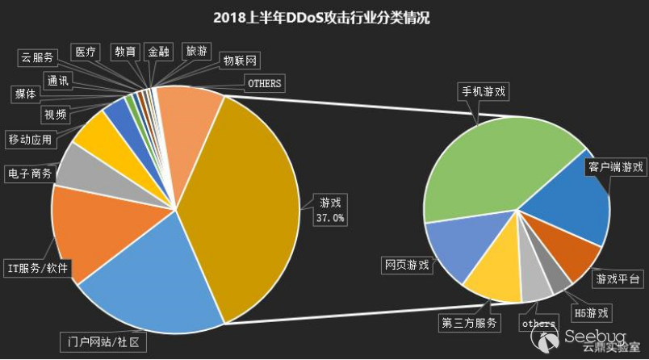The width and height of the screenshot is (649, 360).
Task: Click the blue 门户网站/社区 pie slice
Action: click(x=153, y=274)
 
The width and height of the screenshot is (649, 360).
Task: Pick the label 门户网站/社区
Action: click(x=106, y=341)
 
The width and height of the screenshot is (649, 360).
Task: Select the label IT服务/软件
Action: click(x=38, y=267)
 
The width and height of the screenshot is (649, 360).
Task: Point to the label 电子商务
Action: click(x=29, y=174)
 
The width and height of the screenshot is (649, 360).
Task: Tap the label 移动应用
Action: click(x=30, y=140)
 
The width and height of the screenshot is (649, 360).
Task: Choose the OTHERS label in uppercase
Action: click(x=263, y=83)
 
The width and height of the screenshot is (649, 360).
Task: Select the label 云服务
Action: click(x=37, y=57)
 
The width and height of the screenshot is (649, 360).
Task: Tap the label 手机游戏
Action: click(x=483, y=91)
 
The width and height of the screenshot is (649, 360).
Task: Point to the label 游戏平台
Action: click(x=618, y=279)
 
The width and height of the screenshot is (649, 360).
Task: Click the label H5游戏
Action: click(x=590, y=312)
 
